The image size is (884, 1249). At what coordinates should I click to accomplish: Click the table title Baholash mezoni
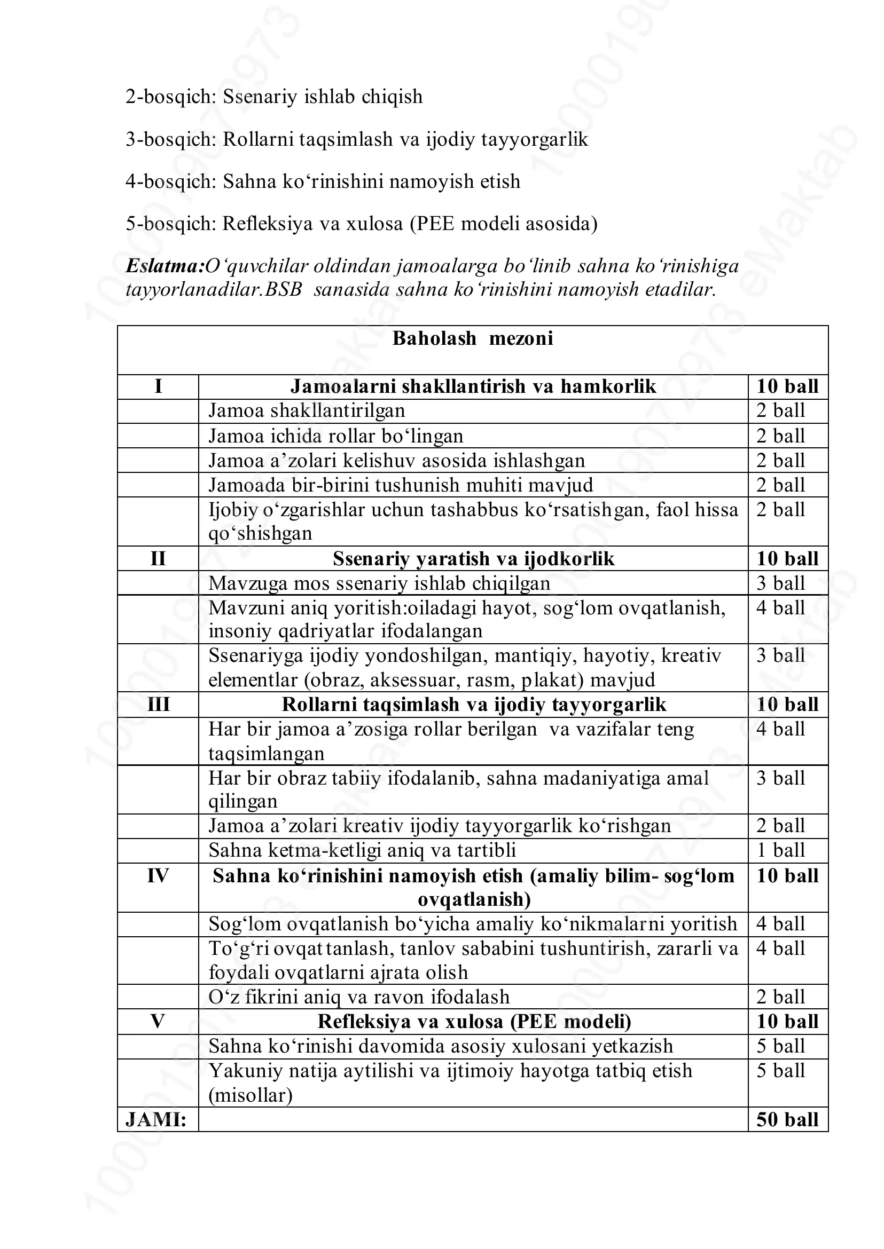473,338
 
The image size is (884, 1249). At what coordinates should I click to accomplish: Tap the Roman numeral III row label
158,705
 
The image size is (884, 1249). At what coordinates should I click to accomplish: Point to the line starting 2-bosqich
274,97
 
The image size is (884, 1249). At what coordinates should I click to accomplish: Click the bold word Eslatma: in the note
165,266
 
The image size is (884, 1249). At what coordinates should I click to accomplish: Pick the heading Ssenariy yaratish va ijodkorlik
473,559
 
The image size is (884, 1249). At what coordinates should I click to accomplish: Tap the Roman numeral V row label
158,1022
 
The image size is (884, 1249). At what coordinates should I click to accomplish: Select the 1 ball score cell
780,850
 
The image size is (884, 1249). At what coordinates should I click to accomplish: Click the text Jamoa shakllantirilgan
307,410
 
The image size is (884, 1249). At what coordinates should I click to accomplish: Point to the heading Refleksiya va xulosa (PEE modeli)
474,1022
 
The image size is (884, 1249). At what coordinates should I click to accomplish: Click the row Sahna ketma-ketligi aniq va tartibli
362,850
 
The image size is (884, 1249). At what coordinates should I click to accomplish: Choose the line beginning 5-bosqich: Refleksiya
362,224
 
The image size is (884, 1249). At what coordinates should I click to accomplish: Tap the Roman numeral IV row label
158,876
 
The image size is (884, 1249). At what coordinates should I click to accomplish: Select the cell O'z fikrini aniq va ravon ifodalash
359,997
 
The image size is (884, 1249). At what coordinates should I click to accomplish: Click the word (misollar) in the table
251,1095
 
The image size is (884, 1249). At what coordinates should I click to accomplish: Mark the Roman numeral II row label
158,559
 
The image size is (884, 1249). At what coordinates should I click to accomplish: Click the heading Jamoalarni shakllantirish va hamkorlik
473,386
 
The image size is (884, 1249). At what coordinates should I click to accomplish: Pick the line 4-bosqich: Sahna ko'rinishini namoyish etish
323,181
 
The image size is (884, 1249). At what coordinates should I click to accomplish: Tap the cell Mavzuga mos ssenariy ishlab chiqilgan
379,583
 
